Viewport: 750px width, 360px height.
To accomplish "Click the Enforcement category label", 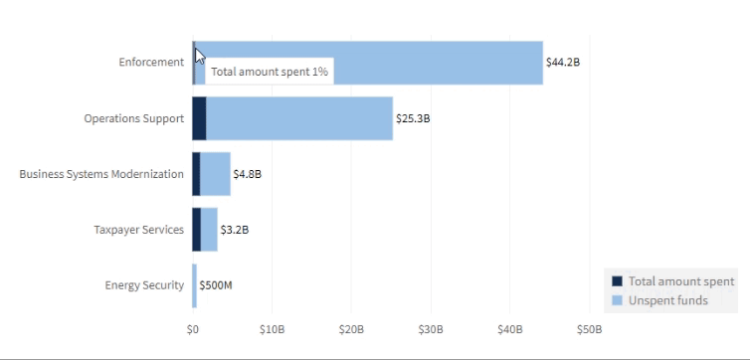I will click(151, 63).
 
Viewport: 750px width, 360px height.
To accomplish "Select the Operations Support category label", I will click(134, 118).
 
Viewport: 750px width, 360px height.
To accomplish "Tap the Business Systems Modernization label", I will click(101, 174).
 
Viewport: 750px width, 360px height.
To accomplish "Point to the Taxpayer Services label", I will click(138, 230).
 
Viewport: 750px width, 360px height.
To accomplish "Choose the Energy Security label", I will click(144, 285).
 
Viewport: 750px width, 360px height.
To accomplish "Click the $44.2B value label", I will click(562, 63).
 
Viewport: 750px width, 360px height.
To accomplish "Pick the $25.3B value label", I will click(413, 118).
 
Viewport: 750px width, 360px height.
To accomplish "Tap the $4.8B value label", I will click(247, 174).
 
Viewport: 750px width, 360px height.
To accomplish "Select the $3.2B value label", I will click(234, 230).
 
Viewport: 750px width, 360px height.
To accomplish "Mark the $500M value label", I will click(215, 285).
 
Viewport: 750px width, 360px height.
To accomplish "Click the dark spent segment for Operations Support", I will click(199, 118).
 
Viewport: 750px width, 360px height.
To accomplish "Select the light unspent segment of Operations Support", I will click(298, 118).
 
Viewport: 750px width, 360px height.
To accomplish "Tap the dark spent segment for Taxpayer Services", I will click(197, 230).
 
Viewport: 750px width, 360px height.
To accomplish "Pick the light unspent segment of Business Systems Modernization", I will click(215, 174).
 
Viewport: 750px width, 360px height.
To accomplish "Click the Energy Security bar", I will click(195, 285).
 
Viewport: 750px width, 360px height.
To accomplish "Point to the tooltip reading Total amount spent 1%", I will click(269, 73).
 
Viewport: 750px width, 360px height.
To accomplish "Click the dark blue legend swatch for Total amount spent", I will click(617, 281).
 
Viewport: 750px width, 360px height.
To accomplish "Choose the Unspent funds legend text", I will click(667, 300).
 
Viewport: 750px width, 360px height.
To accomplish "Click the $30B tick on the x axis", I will click(431, 329).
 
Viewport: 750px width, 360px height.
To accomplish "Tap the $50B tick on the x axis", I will click(589, 329).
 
